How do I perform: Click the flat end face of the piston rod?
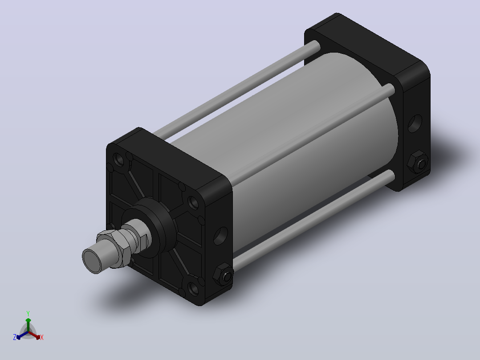click(x=93, y=261)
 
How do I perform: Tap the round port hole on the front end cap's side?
click(x=221, y=236)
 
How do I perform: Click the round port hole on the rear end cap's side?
click(x=415, y=123)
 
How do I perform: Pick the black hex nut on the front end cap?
click(x=223, y=274)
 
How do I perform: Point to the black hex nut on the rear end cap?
click(x=418, y=162)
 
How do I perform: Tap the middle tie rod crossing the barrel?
click(x=312, y=133)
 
